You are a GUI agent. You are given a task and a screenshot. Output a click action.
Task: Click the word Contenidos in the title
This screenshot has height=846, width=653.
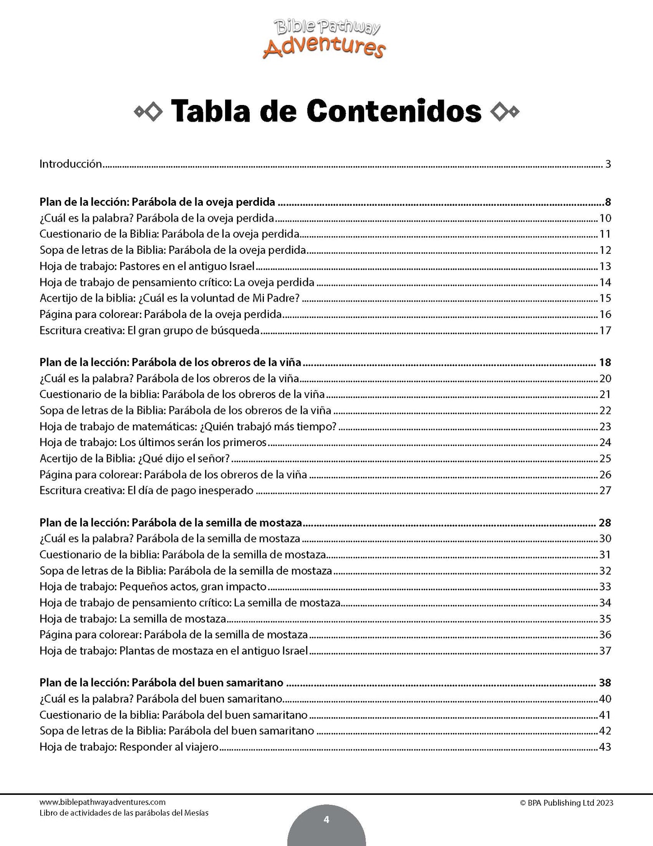click(394, 110)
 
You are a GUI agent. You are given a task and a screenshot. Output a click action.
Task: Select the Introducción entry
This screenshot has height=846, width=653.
click(71, 164)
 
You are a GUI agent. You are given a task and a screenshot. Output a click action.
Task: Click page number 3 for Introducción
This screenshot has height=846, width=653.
click(608, 164)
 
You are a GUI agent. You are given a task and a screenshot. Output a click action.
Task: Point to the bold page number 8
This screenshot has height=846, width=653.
click(608, 202)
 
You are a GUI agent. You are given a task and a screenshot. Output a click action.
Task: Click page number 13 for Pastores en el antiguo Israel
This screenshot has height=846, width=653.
click(605, 266)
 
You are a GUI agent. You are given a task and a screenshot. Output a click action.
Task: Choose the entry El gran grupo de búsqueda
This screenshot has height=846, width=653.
click(149, 330)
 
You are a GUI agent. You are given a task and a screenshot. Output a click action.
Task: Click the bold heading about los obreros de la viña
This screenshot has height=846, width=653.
click(170, 362)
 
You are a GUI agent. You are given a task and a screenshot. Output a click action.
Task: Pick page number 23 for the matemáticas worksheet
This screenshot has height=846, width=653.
click(605, 427)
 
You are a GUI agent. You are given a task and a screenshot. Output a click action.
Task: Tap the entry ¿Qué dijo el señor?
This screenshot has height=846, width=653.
click(134, 458)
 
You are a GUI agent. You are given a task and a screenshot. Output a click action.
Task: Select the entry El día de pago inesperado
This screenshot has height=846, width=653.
click(146, 490)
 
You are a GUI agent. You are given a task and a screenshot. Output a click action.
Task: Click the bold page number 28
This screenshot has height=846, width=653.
click(605, 523)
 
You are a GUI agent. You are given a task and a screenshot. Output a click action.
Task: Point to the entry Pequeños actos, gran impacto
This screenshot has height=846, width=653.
click(153, 587)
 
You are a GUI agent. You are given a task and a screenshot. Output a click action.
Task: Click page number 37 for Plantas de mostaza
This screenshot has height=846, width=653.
click(605, 651)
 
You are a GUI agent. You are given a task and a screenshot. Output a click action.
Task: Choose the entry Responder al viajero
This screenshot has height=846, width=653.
click(129, 747)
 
